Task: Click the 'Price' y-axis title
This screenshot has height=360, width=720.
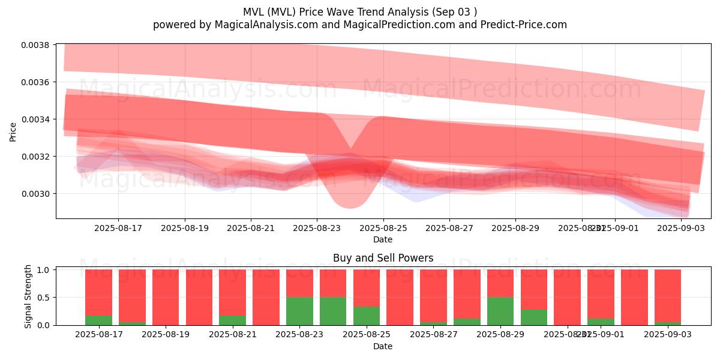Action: (x=13, y=132)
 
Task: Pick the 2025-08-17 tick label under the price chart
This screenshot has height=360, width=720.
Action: (x=118, y=229)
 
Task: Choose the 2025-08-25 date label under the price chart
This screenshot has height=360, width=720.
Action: (x=383, y=229)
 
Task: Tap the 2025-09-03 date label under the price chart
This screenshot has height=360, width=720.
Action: (x=681, y=229)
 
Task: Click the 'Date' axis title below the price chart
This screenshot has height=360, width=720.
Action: (x=383, y=239)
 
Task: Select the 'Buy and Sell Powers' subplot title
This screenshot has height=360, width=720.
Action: (x=383, y=259)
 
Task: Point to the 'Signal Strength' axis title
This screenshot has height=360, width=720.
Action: (x=28, y=297)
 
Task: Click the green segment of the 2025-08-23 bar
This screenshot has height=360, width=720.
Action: (x=299, y=311)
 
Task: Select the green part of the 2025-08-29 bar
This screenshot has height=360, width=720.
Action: (x=500, y=311)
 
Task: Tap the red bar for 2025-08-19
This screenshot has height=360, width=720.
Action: (x=166, y=297)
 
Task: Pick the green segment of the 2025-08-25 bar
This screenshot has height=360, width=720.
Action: (x=366, y=316)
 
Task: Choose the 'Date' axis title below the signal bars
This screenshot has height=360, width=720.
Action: (x=383, y=346)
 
